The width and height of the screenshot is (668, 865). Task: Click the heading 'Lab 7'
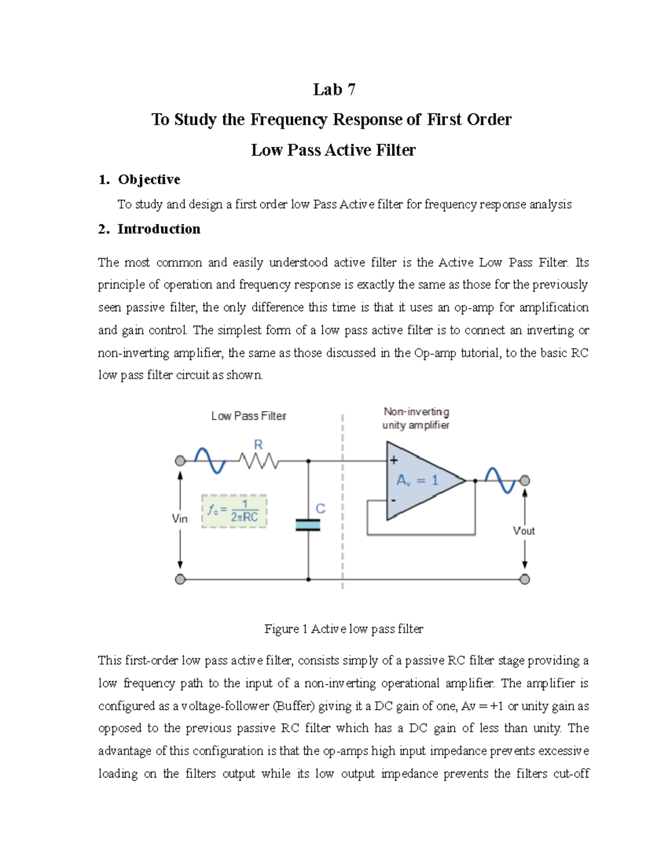(334, 90)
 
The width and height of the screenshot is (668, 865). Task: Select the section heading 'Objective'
(149, 179)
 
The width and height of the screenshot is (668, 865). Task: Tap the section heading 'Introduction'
(159, 229)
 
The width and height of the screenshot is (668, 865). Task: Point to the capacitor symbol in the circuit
(308, 525)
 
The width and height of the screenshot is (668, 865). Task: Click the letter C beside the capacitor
(321, 509)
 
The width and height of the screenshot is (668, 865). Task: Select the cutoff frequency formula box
(234, 511)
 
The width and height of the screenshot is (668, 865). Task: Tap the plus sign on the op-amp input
(394, 460)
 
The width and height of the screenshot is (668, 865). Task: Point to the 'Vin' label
(180, 519)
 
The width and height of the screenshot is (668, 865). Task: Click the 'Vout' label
(524, 531)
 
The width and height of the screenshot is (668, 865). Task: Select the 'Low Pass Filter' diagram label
(249, 416)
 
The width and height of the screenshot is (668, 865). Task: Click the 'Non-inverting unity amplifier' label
(416, 418)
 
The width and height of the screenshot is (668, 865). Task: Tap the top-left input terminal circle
(180, 461)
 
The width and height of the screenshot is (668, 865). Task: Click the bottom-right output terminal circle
(524, 579)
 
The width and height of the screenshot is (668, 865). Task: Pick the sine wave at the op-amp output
(500, 480)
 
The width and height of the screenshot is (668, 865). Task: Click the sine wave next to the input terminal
(209, 461)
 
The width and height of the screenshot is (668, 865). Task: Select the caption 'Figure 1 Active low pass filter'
(343, 629)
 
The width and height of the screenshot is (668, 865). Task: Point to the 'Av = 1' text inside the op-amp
(417, 480)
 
